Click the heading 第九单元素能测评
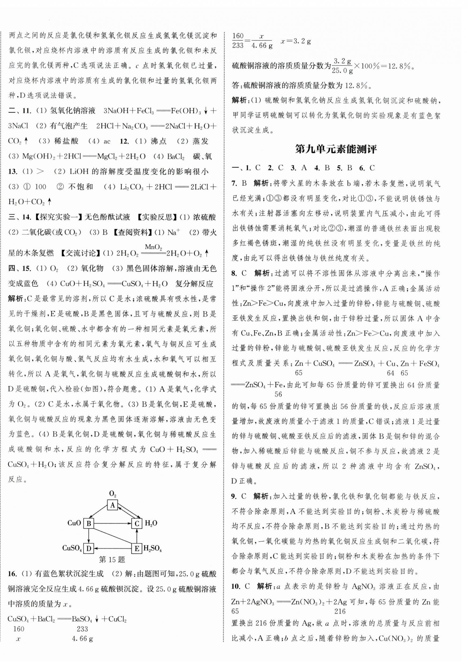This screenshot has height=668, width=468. pos(336,149)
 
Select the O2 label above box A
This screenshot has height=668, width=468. pos(113,493)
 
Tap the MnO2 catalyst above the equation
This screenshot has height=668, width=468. pos(153,247)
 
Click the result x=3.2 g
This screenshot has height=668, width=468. pos(295,41)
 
